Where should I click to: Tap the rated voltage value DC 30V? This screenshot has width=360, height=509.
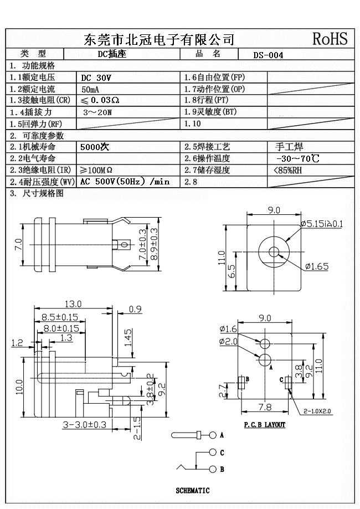tap(96, 78)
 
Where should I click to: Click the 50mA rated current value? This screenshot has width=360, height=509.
tap(91, 90)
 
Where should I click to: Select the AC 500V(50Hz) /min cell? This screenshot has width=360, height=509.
tap(125, 182)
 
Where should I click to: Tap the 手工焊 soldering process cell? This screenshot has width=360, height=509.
tap(289, 147)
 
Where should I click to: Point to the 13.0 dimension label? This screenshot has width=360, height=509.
tap(73, 304)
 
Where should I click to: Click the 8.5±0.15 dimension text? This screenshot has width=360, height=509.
tap(59, 317)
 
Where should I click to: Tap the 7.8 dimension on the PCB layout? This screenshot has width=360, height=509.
tap(265, 407)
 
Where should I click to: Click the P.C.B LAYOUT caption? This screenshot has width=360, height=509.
tap(265, 425)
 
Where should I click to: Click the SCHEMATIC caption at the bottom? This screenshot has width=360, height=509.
tap(193, 491)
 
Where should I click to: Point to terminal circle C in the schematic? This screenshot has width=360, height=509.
tap(212, 453)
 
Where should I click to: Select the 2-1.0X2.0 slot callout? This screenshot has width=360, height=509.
tap(317, 412)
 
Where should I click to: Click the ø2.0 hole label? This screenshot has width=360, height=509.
tap(228, 342)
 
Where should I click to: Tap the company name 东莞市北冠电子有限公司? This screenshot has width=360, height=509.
tap(159, 39)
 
